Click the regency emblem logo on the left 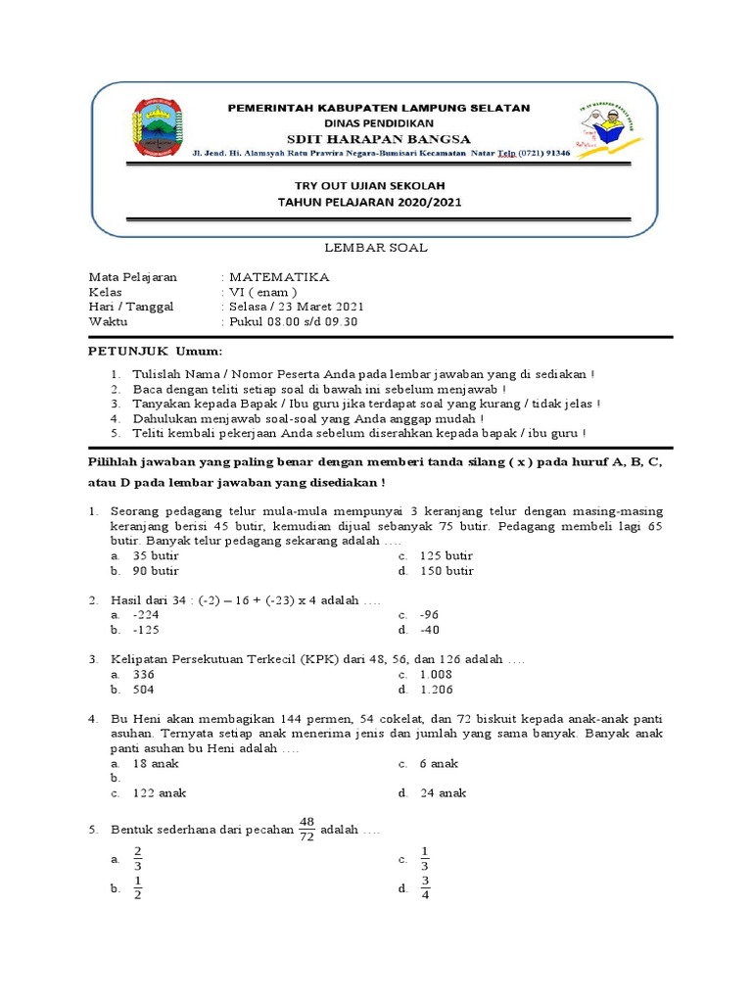click(x=152, y=127)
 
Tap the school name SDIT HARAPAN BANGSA click(x=379, y=139)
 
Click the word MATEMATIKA click(x=279, y=277)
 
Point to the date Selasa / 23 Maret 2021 click(x=295, y=306)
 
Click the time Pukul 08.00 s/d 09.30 click(x=293, y=320)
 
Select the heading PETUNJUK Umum click(x=156, y=351)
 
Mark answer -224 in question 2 click(x=145, y=615)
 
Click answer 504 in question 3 click(x=143, y=690)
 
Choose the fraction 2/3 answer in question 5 click(x=138, y=859)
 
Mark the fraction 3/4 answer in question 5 click(x=425, y=888)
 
